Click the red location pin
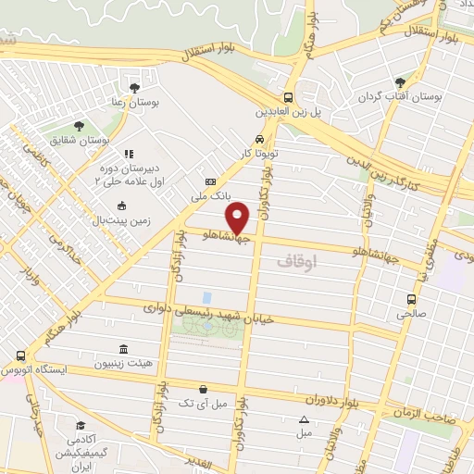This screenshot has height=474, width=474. point(239,216)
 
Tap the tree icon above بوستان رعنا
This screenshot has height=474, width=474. point(136,87)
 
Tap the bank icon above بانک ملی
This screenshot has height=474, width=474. point(210,181)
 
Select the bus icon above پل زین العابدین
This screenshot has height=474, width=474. point(290,96)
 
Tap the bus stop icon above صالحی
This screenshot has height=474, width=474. point(412,299)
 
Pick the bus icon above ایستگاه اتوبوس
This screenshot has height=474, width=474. point(20,355)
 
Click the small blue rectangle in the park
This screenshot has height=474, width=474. point(207,297)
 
